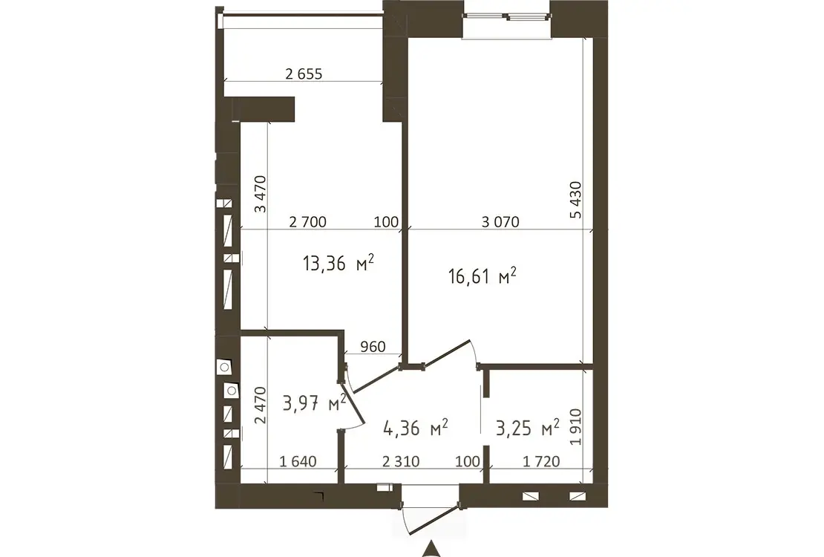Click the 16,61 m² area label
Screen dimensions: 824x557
pos(483,276)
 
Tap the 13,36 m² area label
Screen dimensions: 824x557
pos(339,262)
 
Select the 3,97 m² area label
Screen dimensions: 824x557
pos(314,403)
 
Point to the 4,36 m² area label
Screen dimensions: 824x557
pos(416,428)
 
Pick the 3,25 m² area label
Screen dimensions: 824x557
pos(528,428)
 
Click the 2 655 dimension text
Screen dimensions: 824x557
pos(304,74)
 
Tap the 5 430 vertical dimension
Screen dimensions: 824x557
pos(576,199)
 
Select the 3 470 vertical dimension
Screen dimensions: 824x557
pos(260,194)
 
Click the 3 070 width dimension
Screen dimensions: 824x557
pos(500,222)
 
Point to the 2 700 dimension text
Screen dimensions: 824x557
pos(308,222)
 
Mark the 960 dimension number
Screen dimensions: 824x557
pos(373,347)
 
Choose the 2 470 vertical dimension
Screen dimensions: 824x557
pos(260,405)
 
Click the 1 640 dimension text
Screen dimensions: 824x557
pos(298,461)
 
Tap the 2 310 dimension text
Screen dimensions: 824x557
pos(401,461)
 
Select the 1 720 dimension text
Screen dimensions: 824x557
pos(541,461)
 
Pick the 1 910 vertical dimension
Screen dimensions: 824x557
pos(576,427)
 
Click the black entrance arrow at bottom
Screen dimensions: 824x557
pos(431,549)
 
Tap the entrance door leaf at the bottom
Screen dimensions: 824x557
pos(434,520)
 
